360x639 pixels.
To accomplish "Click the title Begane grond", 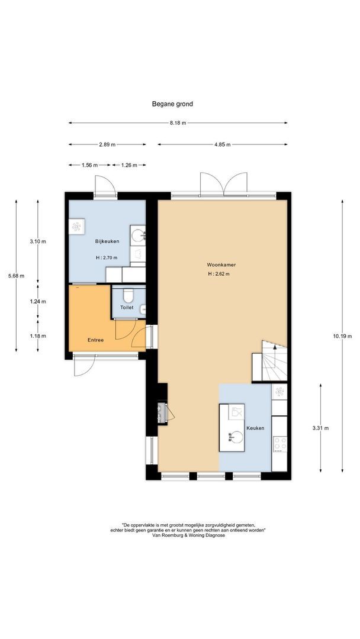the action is click(172, 104).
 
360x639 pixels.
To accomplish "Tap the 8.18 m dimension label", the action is click(178, 122).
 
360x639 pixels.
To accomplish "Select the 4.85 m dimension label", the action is click(222, 144).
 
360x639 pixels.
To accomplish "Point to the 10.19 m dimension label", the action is click(342, 336).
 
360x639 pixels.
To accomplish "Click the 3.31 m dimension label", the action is click(320, 428).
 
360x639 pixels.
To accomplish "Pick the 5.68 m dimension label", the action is click(17, 276).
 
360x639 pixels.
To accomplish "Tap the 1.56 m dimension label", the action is click(89, 165).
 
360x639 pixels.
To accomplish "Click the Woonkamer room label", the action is click(221, 265).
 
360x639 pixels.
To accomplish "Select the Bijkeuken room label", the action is click(107, 241).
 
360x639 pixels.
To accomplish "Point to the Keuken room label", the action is click(255, 428).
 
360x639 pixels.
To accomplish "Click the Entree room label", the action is click(95, 340).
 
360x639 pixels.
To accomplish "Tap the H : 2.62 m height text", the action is click(218, 274).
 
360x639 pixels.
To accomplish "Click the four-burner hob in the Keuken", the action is click(279, 444).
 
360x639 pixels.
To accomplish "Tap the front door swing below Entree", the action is click(85, 366).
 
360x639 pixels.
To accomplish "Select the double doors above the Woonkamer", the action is click(223, 184).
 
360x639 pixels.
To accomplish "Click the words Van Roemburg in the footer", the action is click(165, 535).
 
